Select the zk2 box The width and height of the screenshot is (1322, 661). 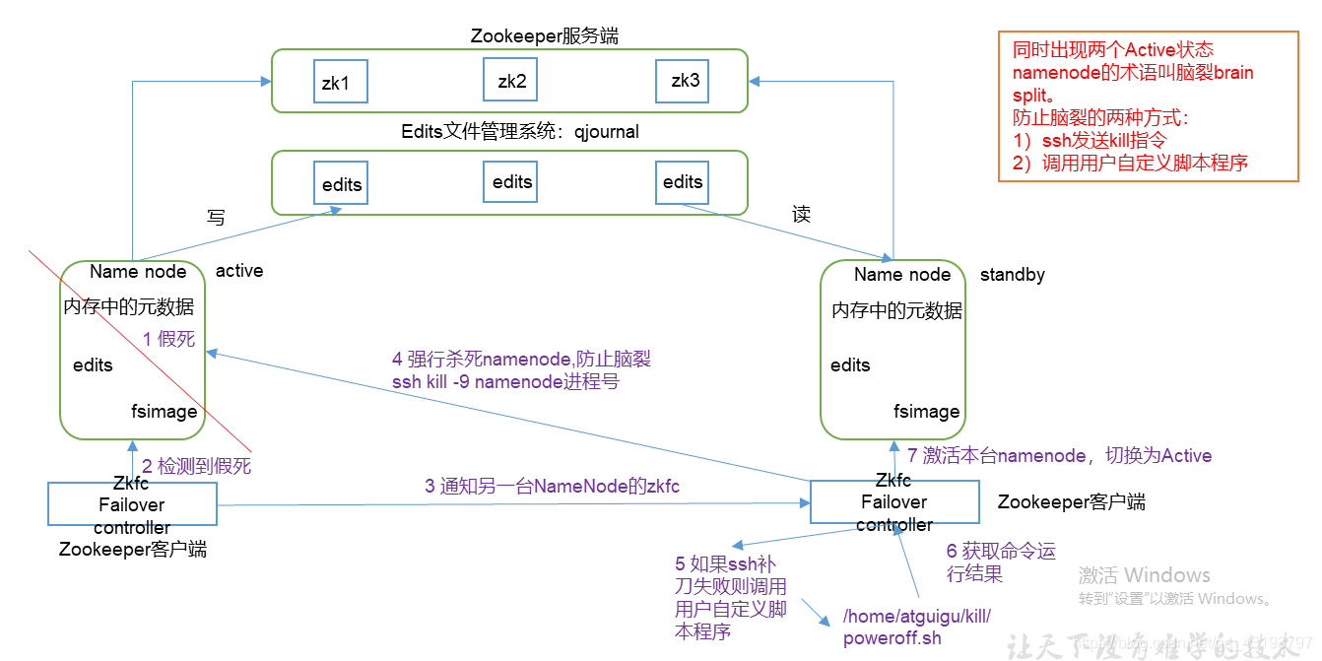[510, 81]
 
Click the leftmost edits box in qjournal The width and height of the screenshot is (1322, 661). [341, 184]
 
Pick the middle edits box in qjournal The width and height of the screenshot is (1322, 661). [511, 181]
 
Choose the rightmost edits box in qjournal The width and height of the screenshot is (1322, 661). [683, 182]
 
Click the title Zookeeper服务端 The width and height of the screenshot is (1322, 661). [545, 36]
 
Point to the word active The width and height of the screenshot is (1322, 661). [239, 271]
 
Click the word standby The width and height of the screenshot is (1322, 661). [1012, 275]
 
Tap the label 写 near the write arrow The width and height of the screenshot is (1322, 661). [216, 218]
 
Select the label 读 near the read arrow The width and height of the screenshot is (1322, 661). [801, 215]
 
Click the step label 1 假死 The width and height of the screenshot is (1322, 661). [168, 339]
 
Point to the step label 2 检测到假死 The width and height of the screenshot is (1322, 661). [196, 467]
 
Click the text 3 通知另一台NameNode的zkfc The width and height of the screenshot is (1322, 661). [552, 486]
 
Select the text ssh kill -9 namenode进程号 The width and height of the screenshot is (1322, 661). [505, 382]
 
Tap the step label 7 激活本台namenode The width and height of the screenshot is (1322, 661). [1059, 455]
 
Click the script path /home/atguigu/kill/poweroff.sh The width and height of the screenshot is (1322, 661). [916, 628]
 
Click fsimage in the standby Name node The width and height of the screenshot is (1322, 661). [926, 412]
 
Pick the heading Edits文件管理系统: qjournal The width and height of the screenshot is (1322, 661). [520, 132]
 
